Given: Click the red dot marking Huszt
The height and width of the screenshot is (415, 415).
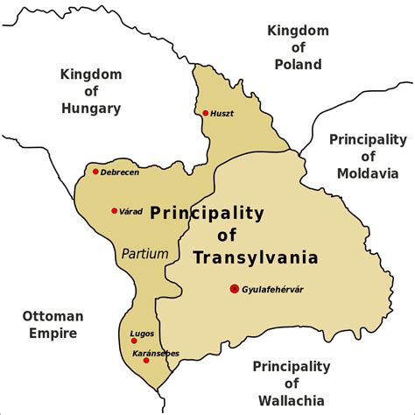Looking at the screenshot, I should (x=205, y=113).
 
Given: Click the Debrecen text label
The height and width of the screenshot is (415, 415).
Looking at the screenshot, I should (x=120, y=172).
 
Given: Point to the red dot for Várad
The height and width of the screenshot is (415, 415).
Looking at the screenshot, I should (x=114, y=211).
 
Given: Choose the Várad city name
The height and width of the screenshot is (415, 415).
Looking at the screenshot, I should (x=130, y=211).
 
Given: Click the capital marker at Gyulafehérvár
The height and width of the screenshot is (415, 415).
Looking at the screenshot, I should (x=234, y=289).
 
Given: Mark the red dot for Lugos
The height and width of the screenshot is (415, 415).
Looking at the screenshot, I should (x=133, y=341).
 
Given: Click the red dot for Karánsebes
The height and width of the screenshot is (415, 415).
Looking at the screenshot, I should (x=146, y=361).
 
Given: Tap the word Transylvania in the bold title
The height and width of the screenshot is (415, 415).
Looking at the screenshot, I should (x=243, y=257).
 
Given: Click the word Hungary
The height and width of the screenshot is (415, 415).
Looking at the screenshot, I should (x=90, y=108).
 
